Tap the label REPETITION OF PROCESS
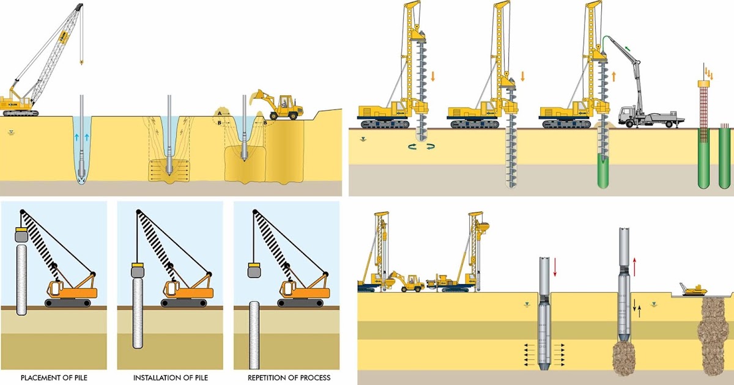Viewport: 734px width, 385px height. pyautogui.click(x=289, y=378)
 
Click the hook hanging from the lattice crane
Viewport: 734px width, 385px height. pyautogui.click(x=81, y=62)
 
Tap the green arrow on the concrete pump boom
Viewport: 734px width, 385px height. pyautogui.click(x=628, y=47)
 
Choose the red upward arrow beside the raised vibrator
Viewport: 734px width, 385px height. pyautogui.click(x=636, y=266)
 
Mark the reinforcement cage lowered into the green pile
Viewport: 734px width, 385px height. pyautogui.click(x=704, y=107)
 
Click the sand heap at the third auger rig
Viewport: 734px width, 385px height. pyautogui.click(x=602, y=125)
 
